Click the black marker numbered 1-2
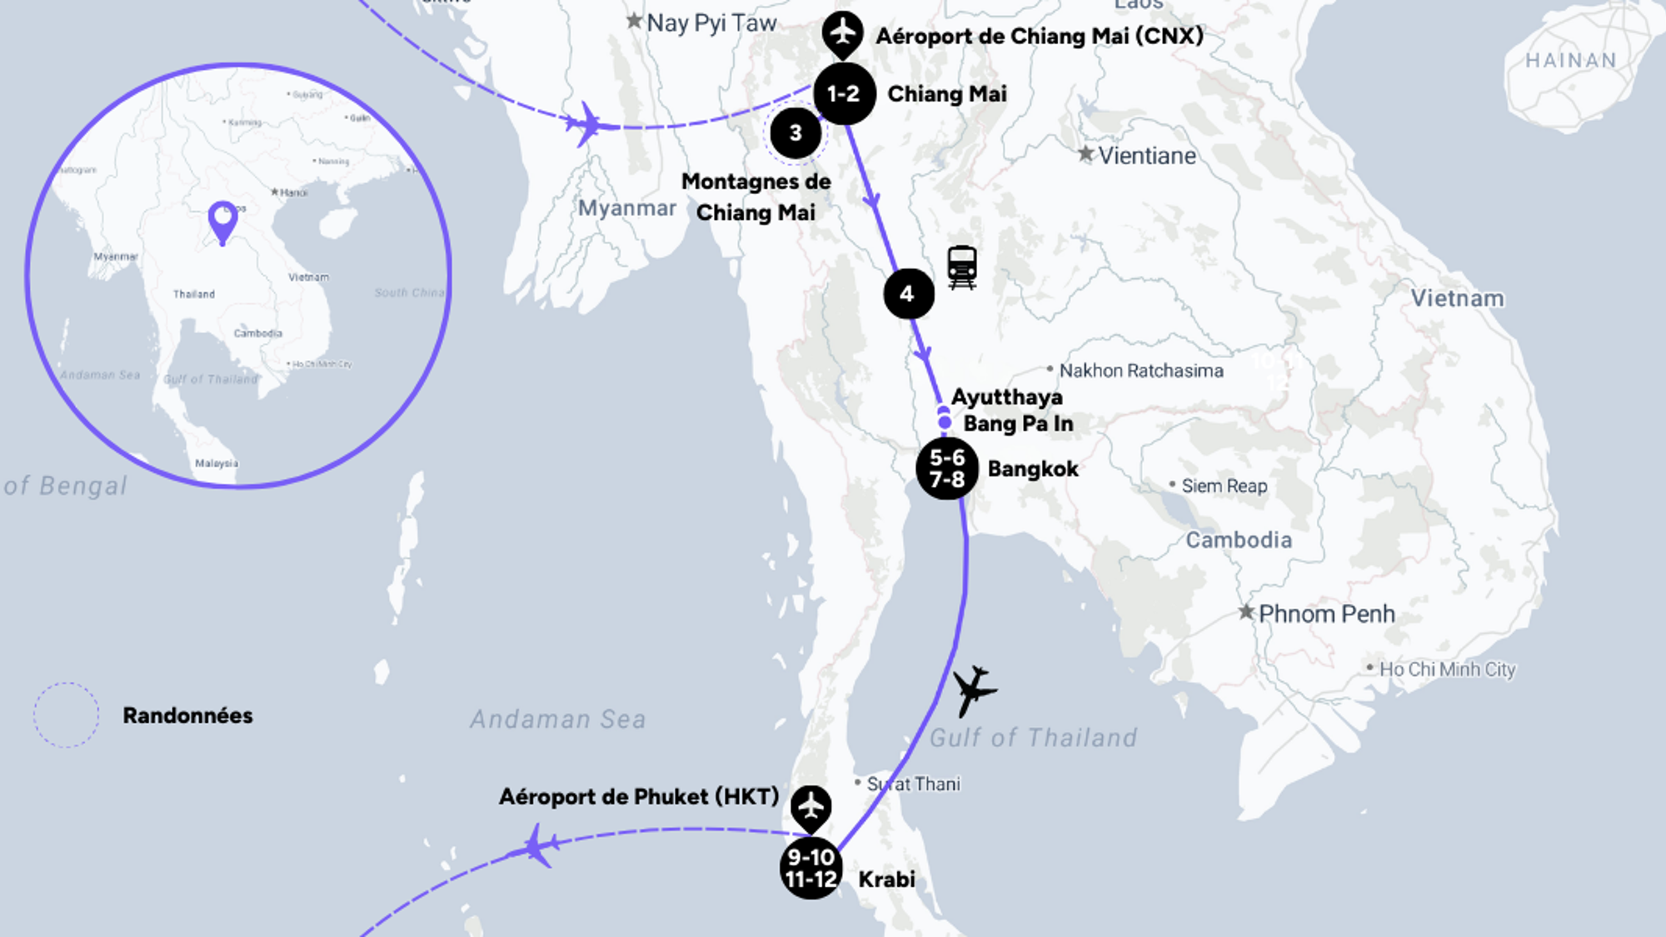[x=844, y=93]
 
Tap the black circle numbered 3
[x=796, y=132]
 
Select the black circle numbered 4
[x=908, y=293]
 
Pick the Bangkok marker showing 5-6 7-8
[x=947, y=468]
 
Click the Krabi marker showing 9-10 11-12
[x=811, y=868]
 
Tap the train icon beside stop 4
[x=962, y=267]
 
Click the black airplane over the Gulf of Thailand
[x=972, y=690]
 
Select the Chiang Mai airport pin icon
[x=843, y=33]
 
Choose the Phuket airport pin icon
[x=811, y=806]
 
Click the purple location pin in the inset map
[x=222, y=221]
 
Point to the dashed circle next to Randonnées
[x=66, y=715]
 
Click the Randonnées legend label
[x=187, y=715]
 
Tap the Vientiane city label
[x=1146, y=156]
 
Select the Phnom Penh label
[x=1326, y=614]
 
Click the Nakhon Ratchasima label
[x=1141, y=371]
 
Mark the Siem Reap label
[x=1224, y=486]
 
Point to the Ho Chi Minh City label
[x=1447, y=669]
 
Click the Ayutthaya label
[x=1007, y=396]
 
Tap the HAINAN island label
[x=1571, y=60]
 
